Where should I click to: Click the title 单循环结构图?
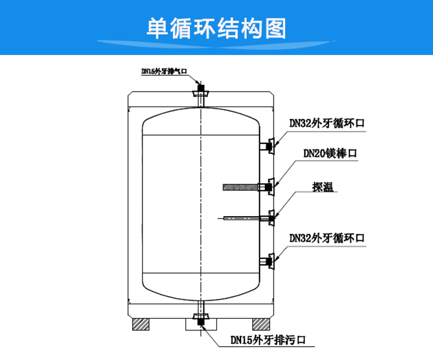(216, 27)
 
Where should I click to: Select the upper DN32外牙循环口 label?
(328, 123)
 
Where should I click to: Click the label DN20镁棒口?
(330, 153)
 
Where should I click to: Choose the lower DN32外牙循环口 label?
(328, 238)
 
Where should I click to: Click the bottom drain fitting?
(201, 318)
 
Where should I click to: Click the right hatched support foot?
(260, 323)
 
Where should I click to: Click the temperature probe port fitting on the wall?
(270, 218)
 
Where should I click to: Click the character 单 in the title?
(158, 27)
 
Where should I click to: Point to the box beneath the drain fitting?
(201, 326)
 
